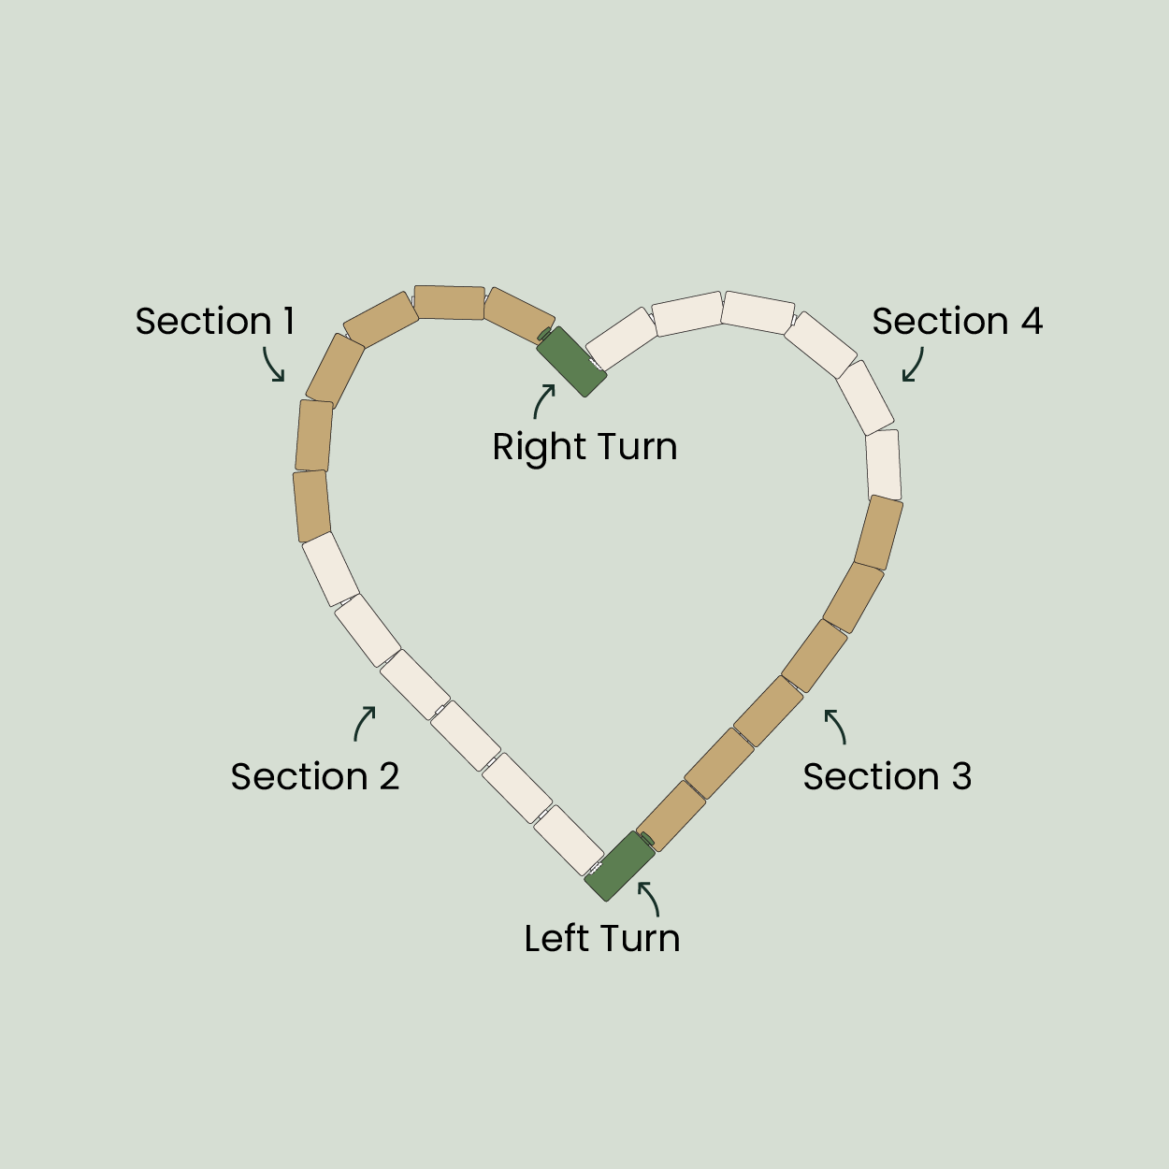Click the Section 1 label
[215, 322]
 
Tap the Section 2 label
[315, 777]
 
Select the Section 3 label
[888, 777]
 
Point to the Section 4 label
[957, 322]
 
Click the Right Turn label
[584, 447]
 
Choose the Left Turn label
[601, 938]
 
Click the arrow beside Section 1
[273, 364]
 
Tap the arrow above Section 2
[365, 723]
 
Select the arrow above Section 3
[836, 727]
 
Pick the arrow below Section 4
[914, 365]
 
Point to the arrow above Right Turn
[544, 401]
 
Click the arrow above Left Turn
[650, 898]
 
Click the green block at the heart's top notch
[572, 361]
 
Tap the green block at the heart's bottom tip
[619, 866]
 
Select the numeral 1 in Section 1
[289, 322]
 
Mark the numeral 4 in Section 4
[1031, 322]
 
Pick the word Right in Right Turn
[533, 448]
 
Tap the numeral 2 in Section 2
[388, 777]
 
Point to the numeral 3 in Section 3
[961, 777]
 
